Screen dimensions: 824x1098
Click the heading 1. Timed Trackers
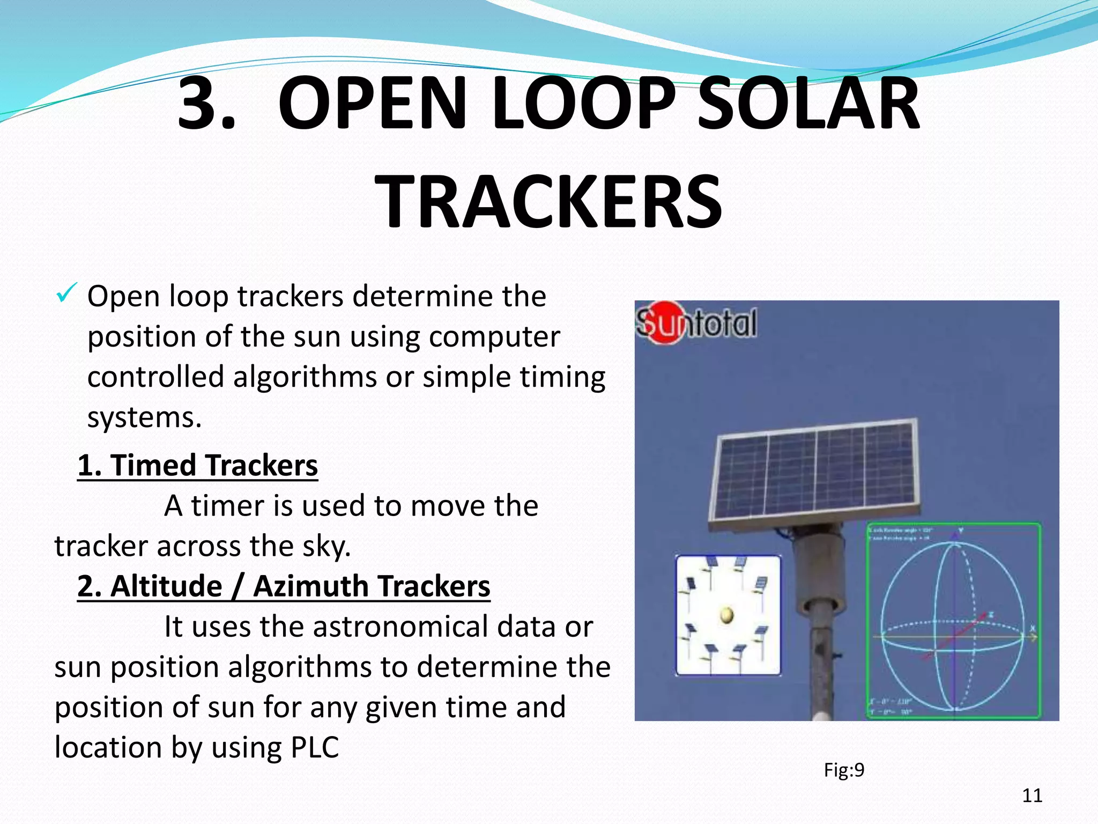click(x=197, y=465)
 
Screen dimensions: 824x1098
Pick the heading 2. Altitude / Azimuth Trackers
click(x=284, y=586)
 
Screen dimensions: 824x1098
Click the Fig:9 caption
click(x=844, y=770)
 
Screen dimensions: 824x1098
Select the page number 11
click(x=1032, y=796)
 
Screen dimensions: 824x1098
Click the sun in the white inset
click(x=726, y=614)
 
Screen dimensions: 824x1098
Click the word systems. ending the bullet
click(x=144, y=417)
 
